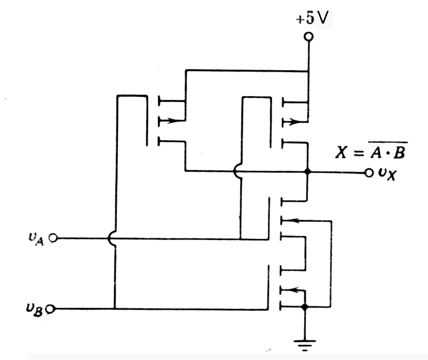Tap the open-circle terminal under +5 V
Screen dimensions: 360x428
click(308, 37)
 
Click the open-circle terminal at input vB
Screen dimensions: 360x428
click(53, 309)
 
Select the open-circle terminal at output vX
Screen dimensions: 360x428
click(368, 173)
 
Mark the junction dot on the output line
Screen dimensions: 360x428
click(308, 172)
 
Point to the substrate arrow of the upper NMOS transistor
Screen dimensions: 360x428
click(292, 221)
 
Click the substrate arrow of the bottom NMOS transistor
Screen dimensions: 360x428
click(292, 290)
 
